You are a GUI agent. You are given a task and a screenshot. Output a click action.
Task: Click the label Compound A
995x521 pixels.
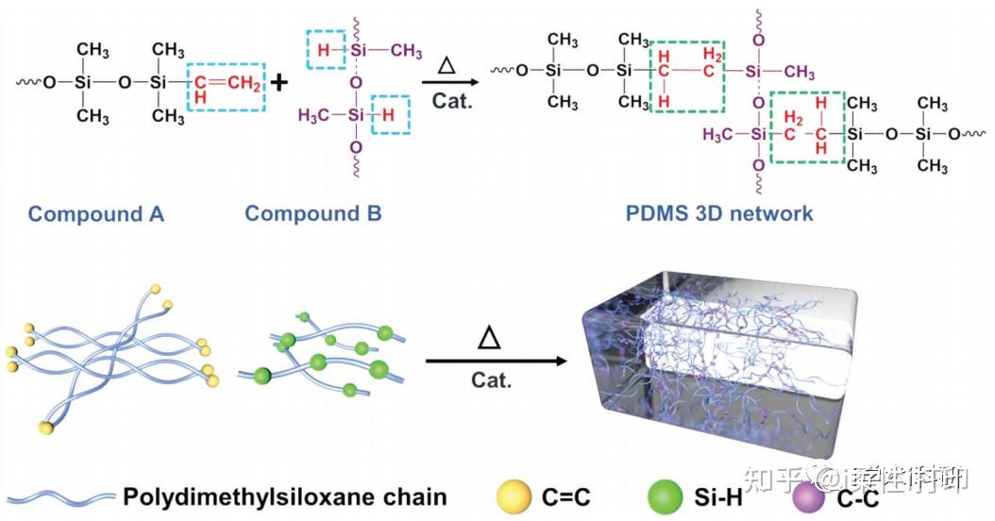tap(95, 214)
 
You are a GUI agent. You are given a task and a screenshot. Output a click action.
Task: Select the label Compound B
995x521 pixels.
tap(312, 214)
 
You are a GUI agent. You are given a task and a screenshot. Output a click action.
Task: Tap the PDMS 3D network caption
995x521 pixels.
tap(719, 214)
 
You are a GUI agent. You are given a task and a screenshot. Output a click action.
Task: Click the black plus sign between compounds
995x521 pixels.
tap(280, 82)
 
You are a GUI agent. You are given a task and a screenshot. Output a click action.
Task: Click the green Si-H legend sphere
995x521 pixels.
tap(667, 495)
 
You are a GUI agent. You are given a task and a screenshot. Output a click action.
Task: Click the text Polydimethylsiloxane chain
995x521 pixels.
tap(284, 496)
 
